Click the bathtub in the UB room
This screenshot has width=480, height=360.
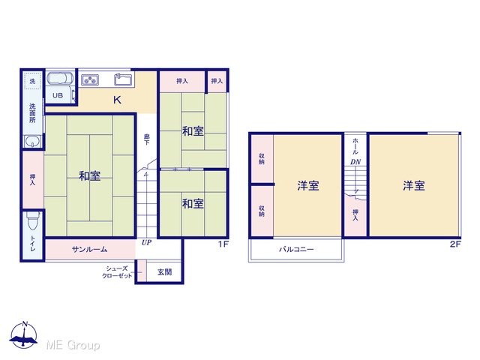(x=60, y=79)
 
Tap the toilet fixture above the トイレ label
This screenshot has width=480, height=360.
(x=33, y=220)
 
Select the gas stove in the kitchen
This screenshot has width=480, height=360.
(x=90, y=80)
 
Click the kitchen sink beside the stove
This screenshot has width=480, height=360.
(x=123, y=79)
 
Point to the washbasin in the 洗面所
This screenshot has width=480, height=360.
(x=32, y=142)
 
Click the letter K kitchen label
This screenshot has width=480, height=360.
(x=117, y=100)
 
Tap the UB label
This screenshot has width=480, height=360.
(x=58, y=95)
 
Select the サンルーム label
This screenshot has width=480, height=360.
(x=90, y=249)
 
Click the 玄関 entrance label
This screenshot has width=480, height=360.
(x=165, y=271)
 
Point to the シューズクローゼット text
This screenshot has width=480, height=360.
(x=117, y=271)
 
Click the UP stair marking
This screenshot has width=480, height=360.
(x=146, y=242)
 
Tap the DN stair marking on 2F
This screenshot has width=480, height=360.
(x=355, y=162)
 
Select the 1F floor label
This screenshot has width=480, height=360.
(x=223, y=244)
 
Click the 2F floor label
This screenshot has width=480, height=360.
(x=455, y=244)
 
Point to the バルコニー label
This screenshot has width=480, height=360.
(x=296, y=249)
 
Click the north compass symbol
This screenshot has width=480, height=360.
(x=24, y=335)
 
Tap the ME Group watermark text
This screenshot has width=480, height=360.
(x=73, y=345)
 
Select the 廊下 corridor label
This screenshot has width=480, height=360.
(x=147, y=139)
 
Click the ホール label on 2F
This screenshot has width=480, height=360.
(x=355, y=146)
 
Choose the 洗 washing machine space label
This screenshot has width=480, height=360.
(x=32, y=81)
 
